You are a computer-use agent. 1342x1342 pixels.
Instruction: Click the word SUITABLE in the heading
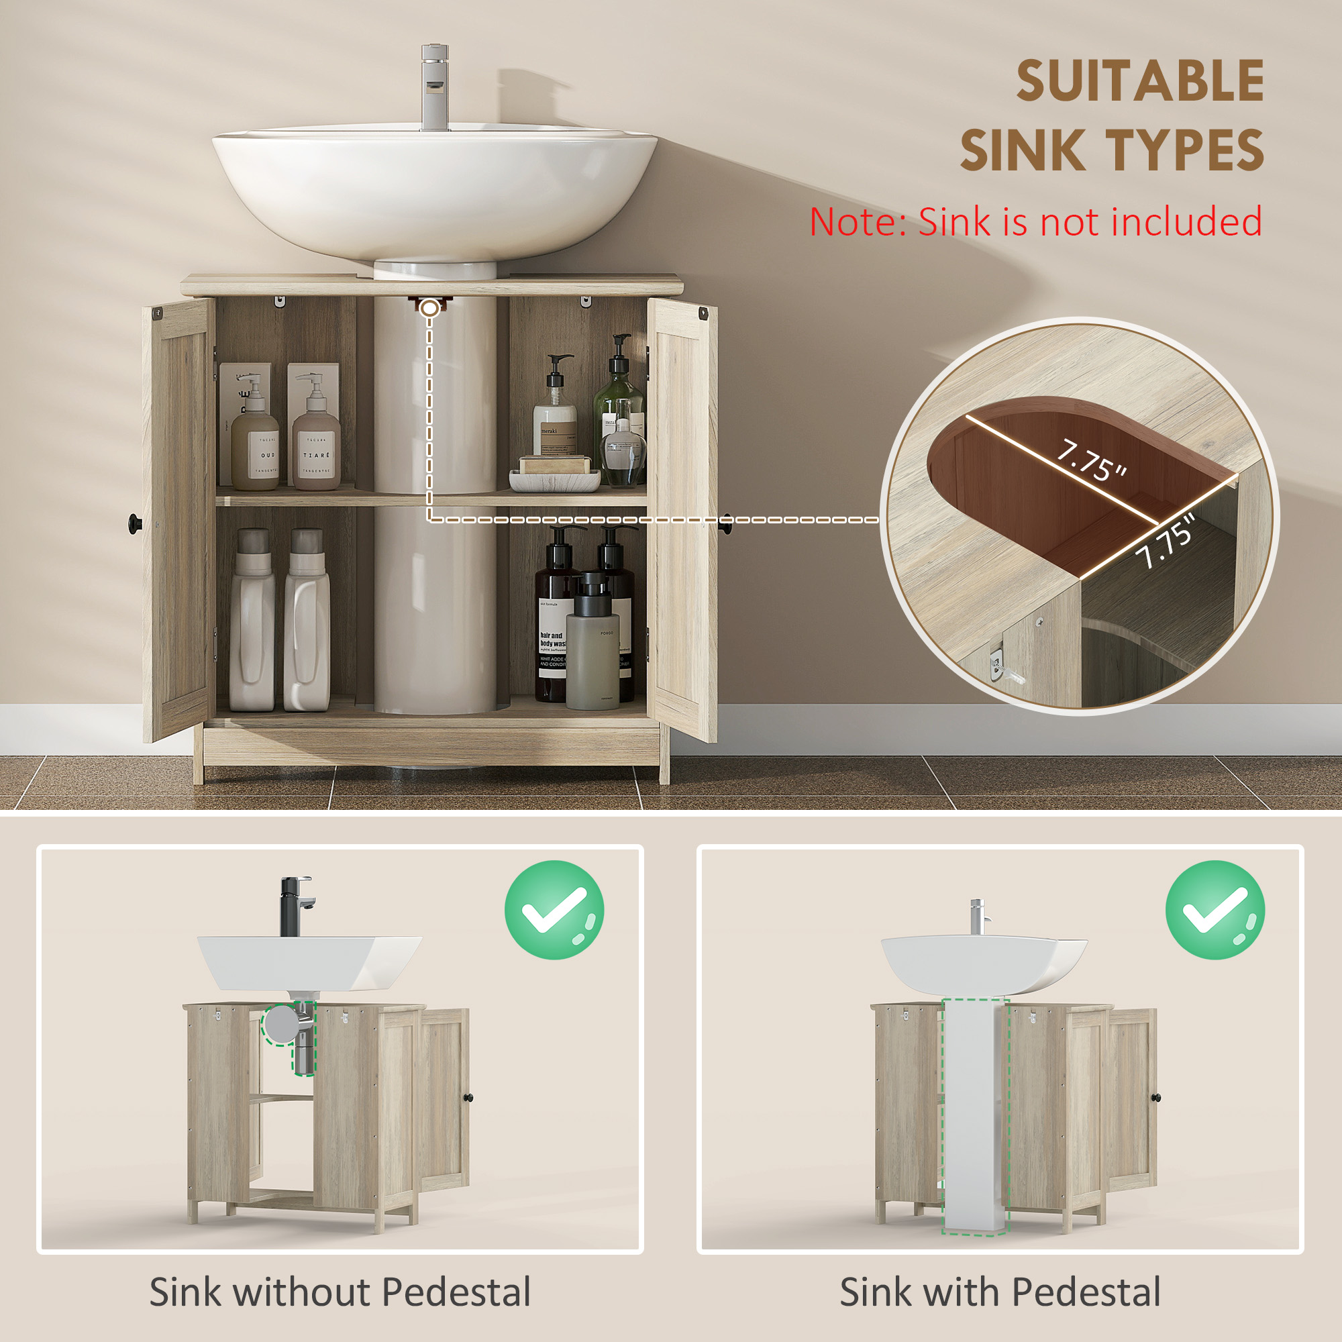pos(1140,82)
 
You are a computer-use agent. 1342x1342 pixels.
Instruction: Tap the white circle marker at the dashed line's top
pos(431,308)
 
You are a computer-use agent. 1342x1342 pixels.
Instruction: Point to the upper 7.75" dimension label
pos(1090,460)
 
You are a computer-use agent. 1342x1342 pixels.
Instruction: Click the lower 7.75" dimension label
pos(1166,542)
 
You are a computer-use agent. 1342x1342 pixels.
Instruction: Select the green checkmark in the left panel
pos(554,910)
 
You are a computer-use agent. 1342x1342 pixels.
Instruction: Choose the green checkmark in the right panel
pos(1215,910)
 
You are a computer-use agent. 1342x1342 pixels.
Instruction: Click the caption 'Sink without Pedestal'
pos(340,1292)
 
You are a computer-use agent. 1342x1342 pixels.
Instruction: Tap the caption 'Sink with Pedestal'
pos(1000,1292)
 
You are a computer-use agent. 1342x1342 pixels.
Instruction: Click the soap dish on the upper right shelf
pos(554,480)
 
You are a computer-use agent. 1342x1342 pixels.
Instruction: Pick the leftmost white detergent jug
pos(252,625)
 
